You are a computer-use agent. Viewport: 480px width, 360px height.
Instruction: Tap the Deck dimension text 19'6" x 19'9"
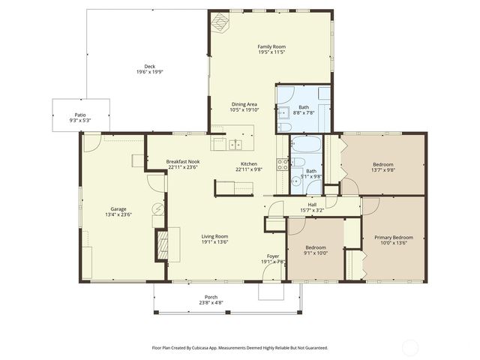(x=149, y=72)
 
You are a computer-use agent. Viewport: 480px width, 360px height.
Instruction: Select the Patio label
(x=79, y=115)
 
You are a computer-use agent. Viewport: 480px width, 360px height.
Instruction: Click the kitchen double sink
(x=236, y=145)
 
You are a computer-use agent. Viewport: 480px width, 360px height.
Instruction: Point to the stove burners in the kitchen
(x=283, y=165)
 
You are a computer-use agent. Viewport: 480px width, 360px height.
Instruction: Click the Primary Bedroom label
(x=393, y=238)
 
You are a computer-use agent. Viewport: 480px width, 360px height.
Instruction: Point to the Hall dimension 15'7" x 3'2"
(x=312, y=209)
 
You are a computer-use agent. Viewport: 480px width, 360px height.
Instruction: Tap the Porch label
(x=211, y=297)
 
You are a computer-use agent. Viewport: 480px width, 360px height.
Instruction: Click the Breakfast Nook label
(x=182, y=162)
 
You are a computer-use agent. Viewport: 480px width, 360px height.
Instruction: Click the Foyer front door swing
(x=268, y=291)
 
